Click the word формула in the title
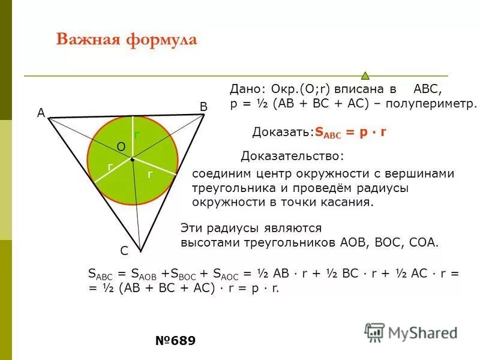(x=161, y=40)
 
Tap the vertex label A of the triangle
(x=41, y=112)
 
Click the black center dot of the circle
(x=132, y=160)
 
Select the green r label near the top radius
(x=136, y=135)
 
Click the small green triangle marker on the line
(x=365, y=76)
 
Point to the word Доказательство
(x=292, y=157)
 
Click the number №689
(x=175, y=341)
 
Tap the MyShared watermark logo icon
(x=374, y=332)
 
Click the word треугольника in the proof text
(x=229, y=188)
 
